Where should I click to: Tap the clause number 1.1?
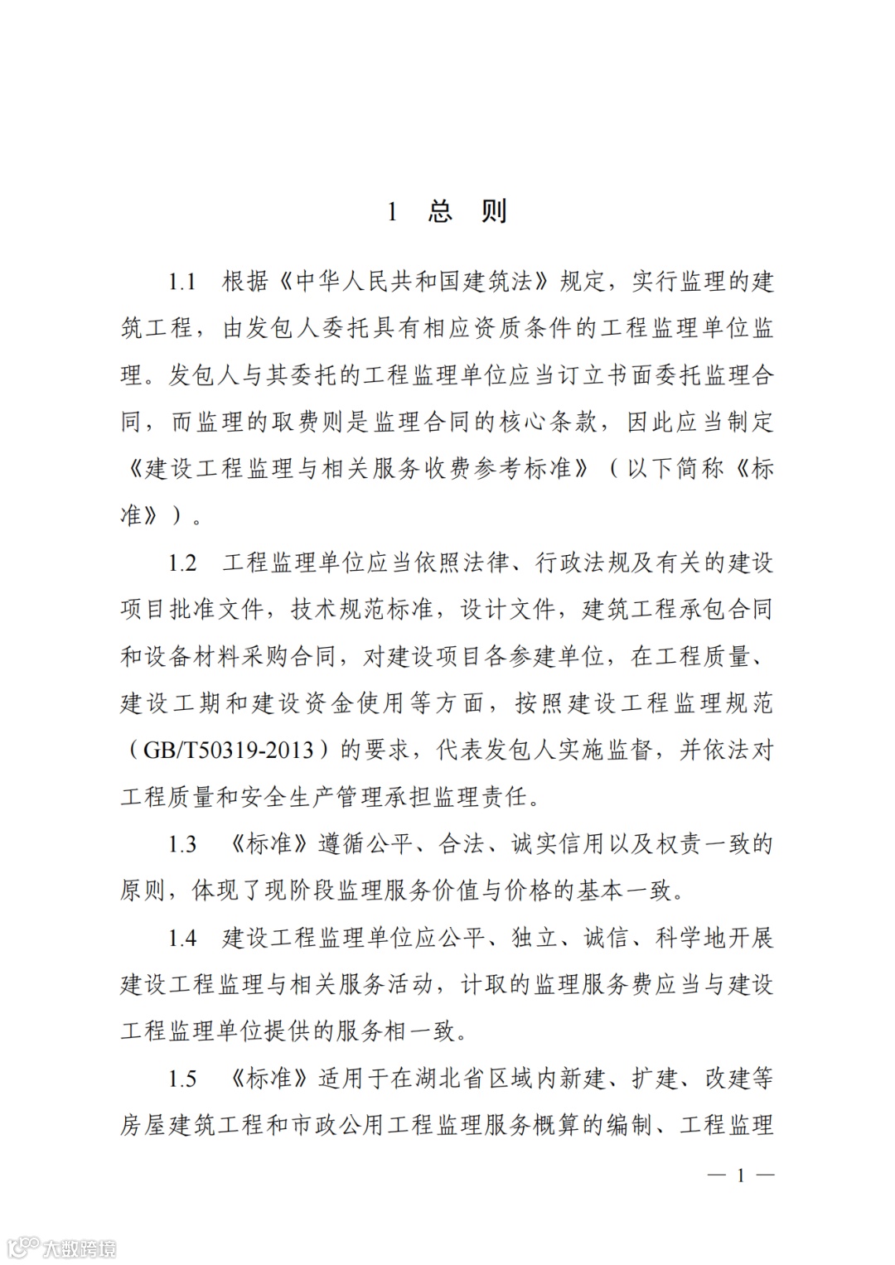[182, 282]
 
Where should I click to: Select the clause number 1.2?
[182, 563]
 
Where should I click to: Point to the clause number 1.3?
[182, 844]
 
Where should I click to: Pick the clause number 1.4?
[182, 938]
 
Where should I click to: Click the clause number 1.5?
[182, 1079]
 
